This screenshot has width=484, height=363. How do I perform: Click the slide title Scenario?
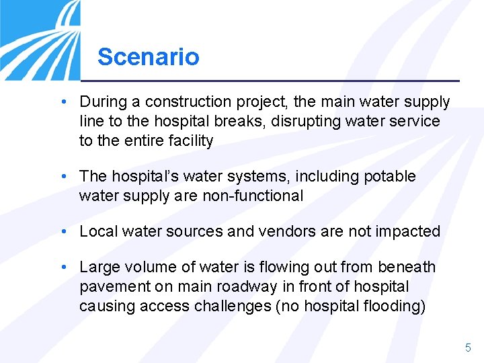click(148, 56)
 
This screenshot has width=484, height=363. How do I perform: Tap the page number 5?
click(468, 348)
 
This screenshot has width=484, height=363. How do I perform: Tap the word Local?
click(98, 232)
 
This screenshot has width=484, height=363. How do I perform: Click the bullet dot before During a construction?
click(62, 102)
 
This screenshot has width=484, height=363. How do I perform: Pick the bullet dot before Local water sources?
click(62, 232)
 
